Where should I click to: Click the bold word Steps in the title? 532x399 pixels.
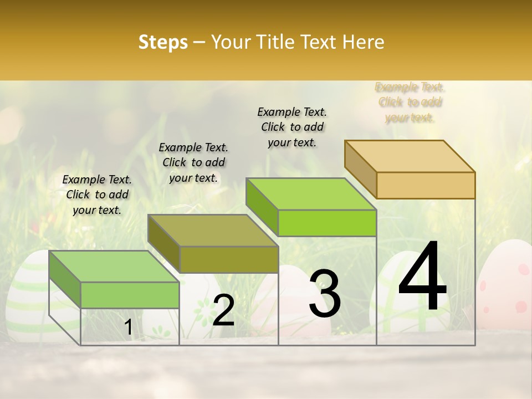pos(163,42)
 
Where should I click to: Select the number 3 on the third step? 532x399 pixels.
pos(325,294)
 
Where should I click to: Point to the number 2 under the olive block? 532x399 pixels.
pos(223,310)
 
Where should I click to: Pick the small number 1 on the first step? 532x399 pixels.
pos(128,328)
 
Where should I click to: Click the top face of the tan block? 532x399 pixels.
pos(409,156)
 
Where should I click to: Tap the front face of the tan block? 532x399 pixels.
pos(426,185)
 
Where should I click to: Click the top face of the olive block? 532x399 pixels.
pos(213,230)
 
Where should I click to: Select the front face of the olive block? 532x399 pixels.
pos(229,259)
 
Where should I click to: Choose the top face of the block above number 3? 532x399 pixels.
pos(310,193)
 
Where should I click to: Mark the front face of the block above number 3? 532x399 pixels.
pos(327,223)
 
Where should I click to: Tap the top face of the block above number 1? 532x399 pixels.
pos(114,266)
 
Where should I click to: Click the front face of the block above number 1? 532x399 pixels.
pos(130,295)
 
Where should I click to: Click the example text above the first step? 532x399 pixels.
pos(97,195)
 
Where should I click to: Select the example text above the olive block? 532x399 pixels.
pos(193,162)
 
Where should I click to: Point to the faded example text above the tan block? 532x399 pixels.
pos(410,103)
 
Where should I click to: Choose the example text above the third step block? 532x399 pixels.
pos(292,127)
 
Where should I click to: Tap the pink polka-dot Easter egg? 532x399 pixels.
pos(507,288)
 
